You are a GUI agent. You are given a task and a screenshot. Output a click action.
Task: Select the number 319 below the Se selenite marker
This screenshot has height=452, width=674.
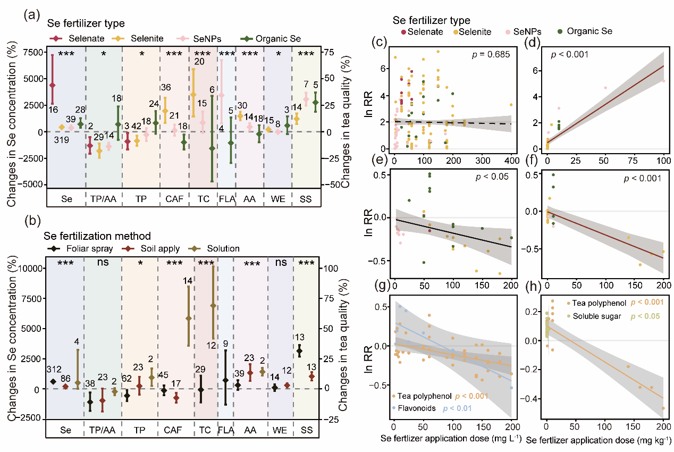pyautogui.click(x=61, y=141)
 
